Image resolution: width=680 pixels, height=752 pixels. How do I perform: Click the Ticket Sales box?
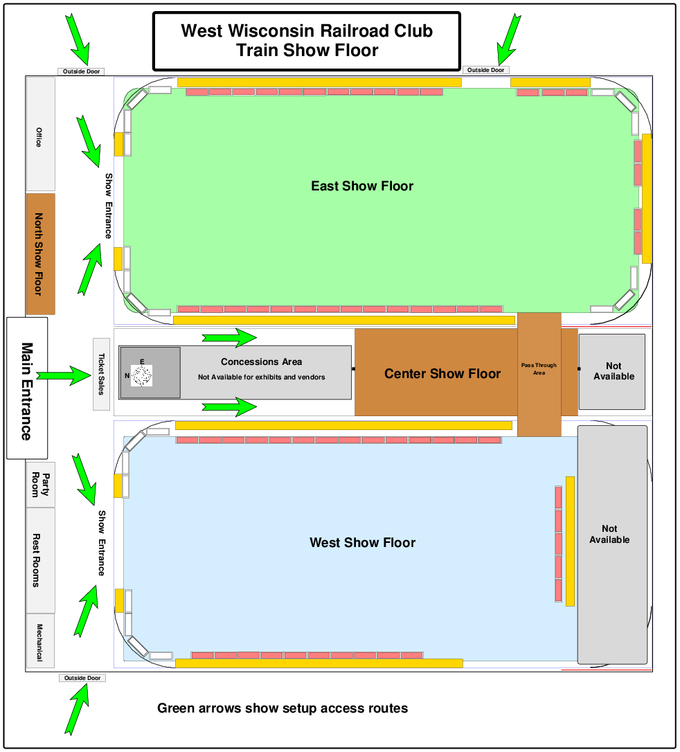coord(101,373)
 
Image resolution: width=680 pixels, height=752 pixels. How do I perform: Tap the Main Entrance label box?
coord(27,388)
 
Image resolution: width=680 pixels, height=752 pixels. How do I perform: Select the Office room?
coord(40,134)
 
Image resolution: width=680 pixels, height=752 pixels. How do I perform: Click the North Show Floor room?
coord(40,253)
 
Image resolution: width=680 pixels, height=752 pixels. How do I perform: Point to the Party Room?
coord(40,484)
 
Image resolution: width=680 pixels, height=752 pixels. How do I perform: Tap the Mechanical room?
coord(40,641)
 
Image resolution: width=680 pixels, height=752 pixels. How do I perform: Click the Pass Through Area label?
coord(539,369)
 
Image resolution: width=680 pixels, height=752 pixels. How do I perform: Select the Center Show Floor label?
coord(442,374)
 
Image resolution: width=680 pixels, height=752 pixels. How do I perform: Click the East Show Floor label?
coord(362,186)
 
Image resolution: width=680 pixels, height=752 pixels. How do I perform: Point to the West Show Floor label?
coord(362,543)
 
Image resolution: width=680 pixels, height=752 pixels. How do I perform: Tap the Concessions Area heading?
coord(261,361)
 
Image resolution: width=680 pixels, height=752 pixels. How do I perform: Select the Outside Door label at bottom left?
coord(82,678)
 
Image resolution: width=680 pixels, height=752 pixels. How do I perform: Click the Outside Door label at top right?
coord(485,70)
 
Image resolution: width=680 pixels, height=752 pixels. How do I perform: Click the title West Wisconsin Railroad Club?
coord(307,31)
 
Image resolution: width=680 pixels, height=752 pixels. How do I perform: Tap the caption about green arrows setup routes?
coord(283,708)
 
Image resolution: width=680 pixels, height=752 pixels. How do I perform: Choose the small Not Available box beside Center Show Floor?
coord(613,371)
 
